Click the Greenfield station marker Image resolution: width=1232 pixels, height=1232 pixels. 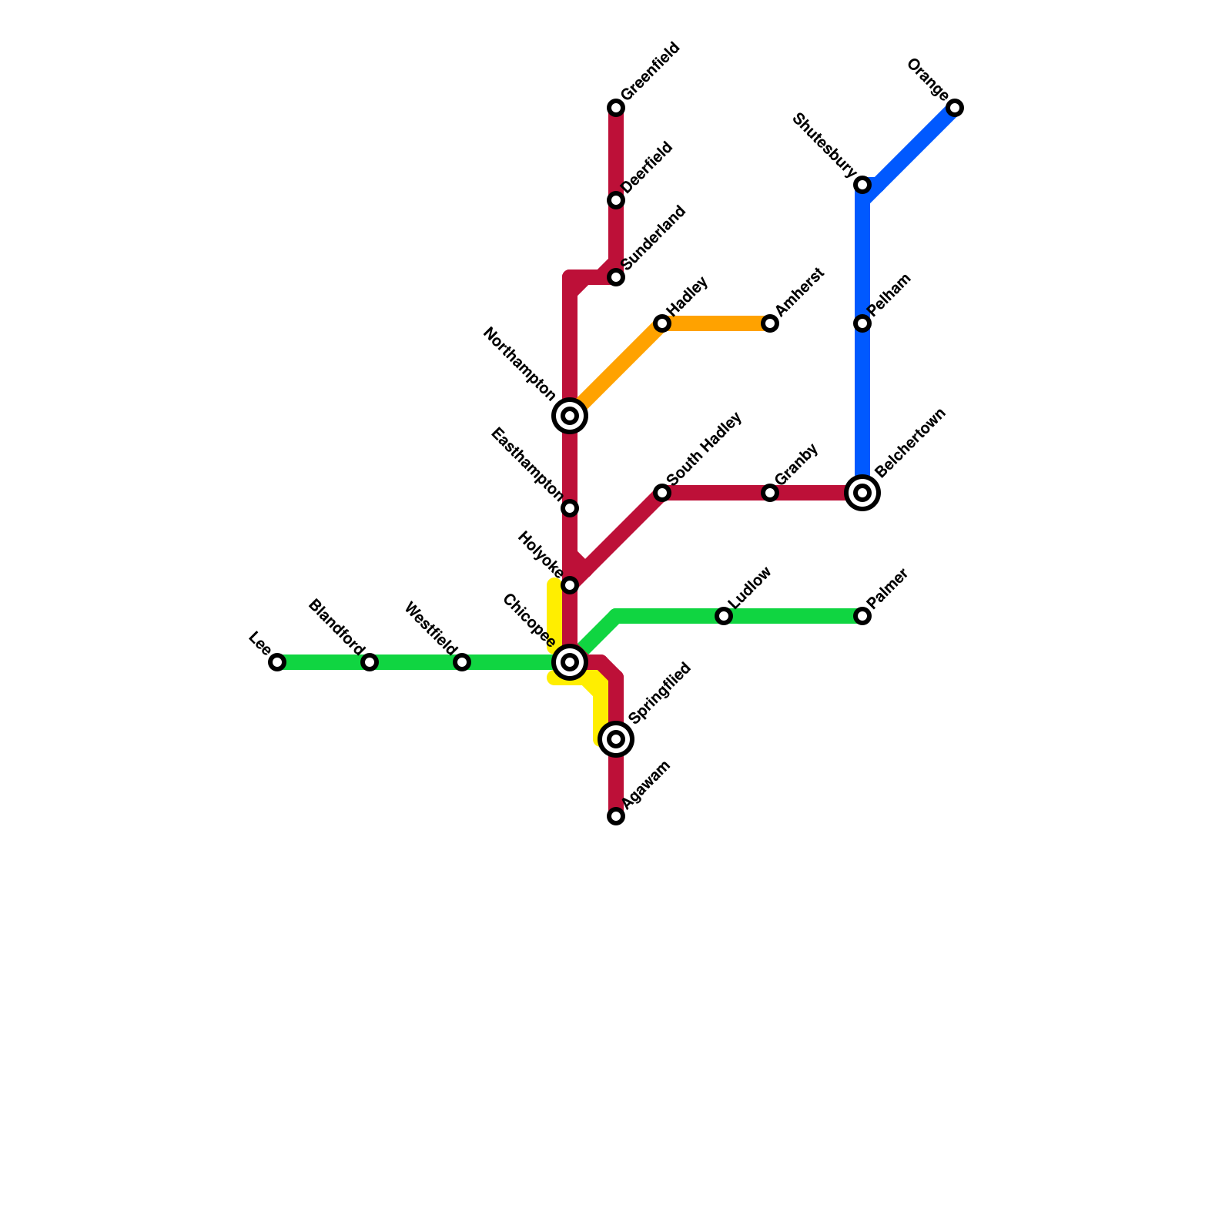[x=616, y=108]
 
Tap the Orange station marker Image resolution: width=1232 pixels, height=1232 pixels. [x=955, y=108]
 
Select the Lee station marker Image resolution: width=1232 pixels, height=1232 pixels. [x=277, y=662]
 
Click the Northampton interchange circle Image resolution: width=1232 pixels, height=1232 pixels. [x=570, y=416]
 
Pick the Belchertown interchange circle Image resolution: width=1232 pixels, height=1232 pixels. [x=862, y=493]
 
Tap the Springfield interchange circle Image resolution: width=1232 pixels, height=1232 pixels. [x=616, y=739]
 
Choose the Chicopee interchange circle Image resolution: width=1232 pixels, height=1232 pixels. [x=570, y=662]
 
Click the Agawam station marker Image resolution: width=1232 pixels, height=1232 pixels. [x=616, y=816]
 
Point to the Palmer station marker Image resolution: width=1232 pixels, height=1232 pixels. [x=862, y=616]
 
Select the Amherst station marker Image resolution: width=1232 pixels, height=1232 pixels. [x=770, y=323]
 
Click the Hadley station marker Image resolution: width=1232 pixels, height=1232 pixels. [x=662, y=323]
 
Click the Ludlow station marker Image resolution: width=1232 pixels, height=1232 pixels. [x=724, y=616]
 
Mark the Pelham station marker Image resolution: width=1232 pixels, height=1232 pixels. [x=862, y=323]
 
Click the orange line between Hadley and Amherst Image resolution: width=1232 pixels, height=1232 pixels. [x=716, y=323]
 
